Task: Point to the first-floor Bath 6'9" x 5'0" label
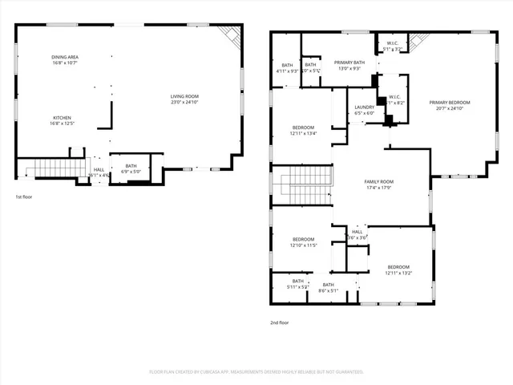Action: tap(131, 168)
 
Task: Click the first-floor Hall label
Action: tap(99, 172)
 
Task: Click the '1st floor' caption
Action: tap(24, 197)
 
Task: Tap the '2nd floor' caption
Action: tap(279, 322)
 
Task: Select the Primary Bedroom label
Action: tap(449, 105)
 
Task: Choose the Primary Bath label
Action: tap(349, 65)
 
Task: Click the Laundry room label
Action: tap(365, 110)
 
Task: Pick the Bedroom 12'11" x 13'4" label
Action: tap(303, 131)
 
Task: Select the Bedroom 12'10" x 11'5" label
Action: tap(303, 241)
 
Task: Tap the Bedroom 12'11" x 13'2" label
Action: tap(398, 269)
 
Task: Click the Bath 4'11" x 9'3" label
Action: tap(287, 68)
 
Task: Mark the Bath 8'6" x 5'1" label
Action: tap(328, 287)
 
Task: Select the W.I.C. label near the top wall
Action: tap(393, 47)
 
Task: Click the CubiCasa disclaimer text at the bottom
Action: tap(256, 371)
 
